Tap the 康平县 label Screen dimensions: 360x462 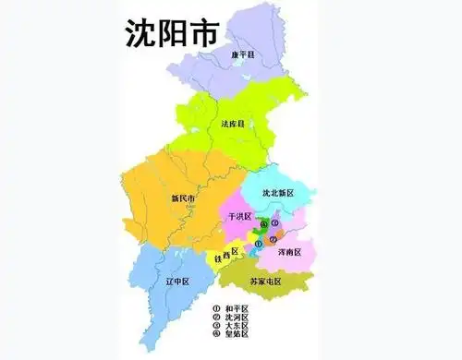pyautogui.click(x=244, y=55)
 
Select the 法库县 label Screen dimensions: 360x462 pyautogui.click(x=233, y=123)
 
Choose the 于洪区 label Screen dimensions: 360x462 pyautogui.click(x=238, y=216)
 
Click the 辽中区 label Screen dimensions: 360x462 pyautogui.click(x=176, y=280)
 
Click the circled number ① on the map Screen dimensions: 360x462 pyautogui.click(x=258, y=243)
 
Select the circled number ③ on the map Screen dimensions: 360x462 pyautogui.click(x=274, y=223)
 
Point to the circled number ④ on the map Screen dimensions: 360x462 pyautogui.click(x=263, y=224)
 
